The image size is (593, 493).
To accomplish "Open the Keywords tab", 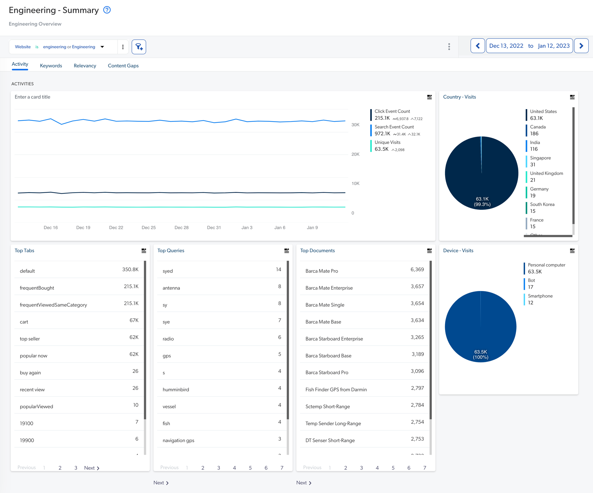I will [x=51, y=65].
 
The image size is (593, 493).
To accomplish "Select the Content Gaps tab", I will [x=123, y=65].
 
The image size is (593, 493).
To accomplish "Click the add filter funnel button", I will [x=139, y=47].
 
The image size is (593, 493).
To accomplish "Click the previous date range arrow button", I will [x=477, y=46].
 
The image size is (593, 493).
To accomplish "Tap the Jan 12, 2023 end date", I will [x=553, y=46].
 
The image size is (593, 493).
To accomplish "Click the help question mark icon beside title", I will [x=107, y=10].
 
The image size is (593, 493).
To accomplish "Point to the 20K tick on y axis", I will [x=355, y=154].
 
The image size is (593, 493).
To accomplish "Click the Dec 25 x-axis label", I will [x=149, y=228].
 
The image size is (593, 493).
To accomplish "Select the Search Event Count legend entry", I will [x=394, y=127].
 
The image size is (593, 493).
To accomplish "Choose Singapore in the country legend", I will [x=540, y=158].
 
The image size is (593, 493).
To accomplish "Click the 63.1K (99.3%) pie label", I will [x=482, y=202].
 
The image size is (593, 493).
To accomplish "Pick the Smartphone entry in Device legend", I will [x=540, y=296].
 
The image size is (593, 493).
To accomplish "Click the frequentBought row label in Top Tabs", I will [x=37, y=288].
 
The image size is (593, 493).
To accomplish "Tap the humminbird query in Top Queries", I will [x=176, y=390].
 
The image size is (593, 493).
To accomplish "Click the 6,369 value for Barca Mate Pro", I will [x=417, y=269].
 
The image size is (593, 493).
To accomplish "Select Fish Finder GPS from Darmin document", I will [x=336, y=390].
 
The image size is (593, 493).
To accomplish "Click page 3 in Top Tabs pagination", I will [x=76, y=468].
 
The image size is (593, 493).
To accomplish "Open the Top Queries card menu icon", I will [x=286, y=251].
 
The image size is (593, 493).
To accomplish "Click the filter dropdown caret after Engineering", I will [x=102, y=47].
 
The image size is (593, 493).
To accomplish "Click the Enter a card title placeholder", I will [x=33, y=97].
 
